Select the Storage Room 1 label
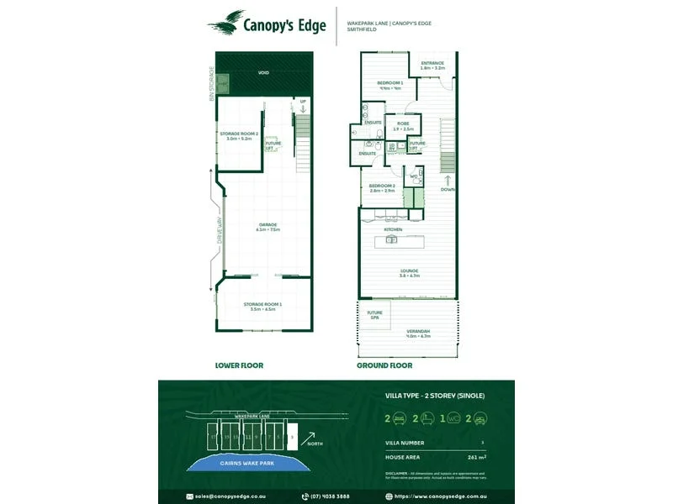point(262,306)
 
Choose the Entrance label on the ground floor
point(432,64)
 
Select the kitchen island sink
point(391,240)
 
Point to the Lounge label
point(408,271)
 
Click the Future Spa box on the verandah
point(374,315)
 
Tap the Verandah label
point(418,333)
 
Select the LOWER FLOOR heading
point(240,365)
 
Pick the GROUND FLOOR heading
point(384,365)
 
